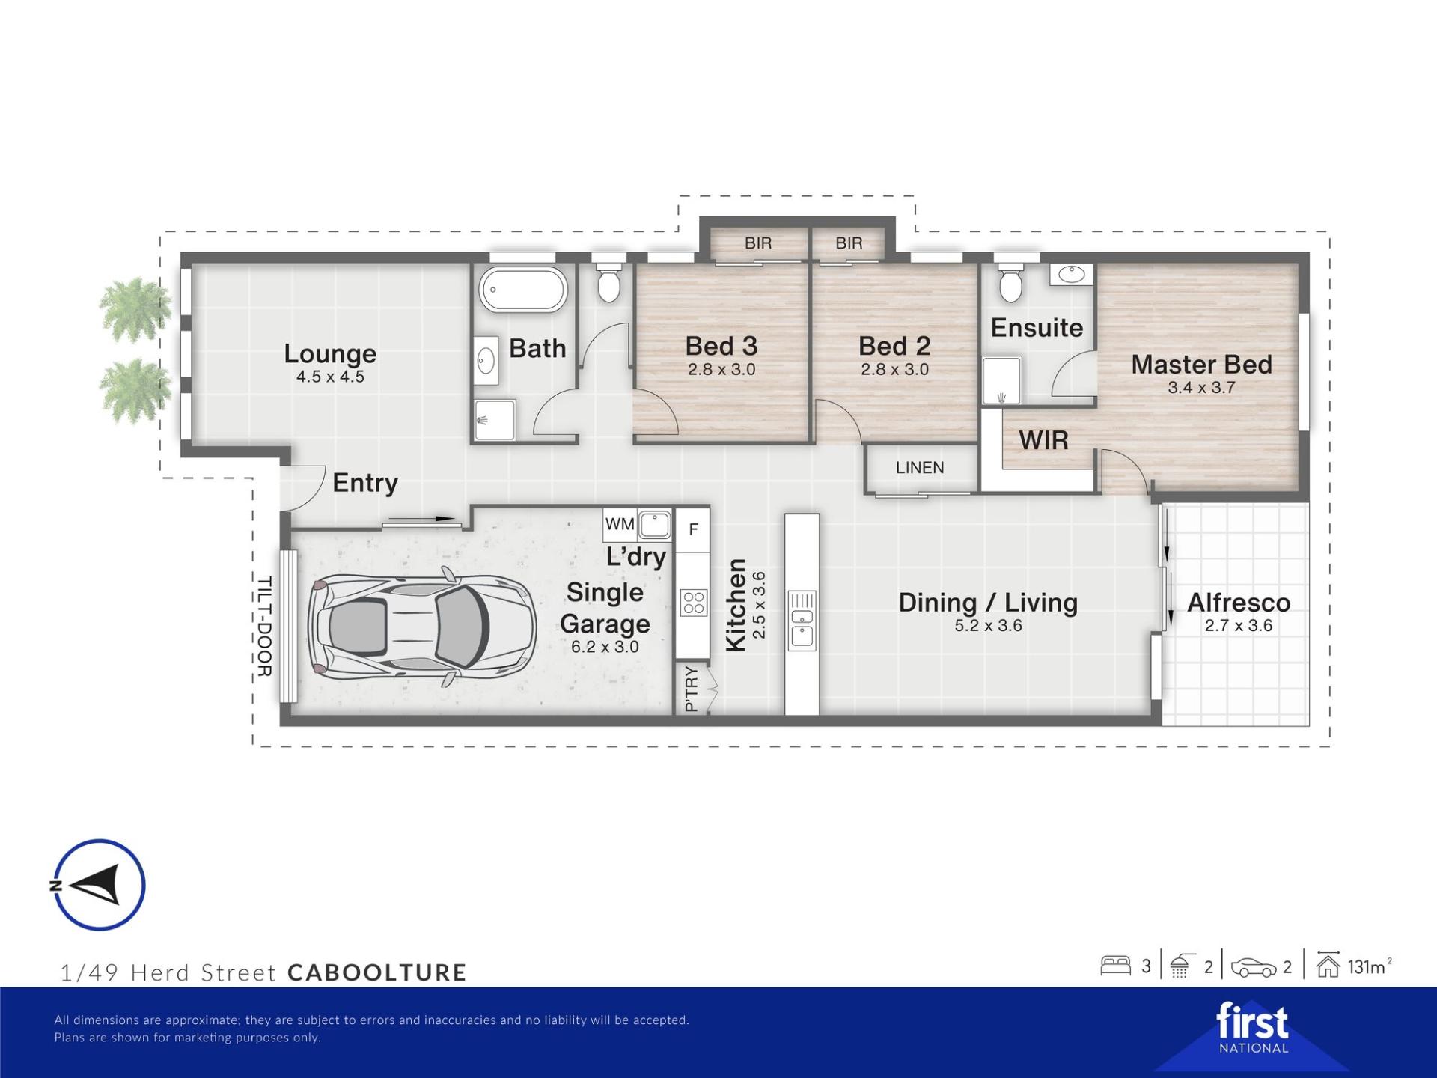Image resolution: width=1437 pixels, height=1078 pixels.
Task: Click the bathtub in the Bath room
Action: [x=523, y=289]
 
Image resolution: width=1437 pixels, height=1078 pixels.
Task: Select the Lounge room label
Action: [x=330, y=353]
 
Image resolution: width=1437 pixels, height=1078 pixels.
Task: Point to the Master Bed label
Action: [x=1201, y=364]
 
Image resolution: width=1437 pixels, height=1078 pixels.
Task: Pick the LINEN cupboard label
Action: [x=920, y=467]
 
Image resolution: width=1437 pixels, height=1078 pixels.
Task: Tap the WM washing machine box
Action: [x=620, y=524]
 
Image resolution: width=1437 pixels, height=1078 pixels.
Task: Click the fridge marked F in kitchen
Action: [x=693, y=529]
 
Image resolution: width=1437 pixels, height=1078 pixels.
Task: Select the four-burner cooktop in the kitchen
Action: [x=693, y=603]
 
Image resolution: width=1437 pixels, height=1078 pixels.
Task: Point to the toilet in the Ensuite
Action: [x=1010, y=281]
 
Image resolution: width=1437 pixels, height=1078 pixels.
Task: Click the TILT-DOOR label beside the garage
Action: [x=264, y=627]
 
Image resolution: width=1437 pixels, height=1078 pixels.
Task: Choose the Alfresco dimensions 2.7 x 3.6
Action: [x=1239, y=626]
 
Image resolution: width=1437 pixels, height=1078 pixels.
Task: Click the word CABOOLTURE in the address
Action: [x=377, y=972]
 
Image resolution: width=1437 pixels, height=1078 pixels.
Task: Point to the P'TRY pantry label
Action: [x=691, y=689]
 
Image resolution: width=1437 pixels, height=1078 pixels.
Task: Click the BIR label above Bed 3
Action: [x=758, y=243]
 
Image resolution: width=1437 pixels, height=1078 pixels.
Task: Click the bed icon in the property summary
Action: [x=1115, y=966]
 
